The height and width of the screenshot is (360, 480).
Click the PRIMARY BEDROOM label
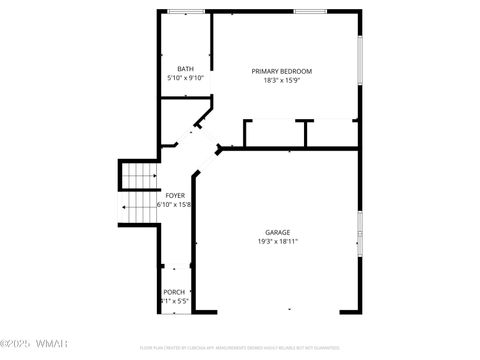(281, 71)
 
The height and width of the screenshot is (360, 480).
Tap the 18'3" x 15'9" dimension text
(281, 81)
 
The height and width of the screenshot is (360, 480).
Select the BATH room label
(185, 68)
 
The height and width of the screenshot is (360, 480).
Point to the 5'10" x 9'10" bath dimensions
(185, 78)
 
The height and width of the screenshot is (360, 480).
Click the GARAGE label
(277, 232)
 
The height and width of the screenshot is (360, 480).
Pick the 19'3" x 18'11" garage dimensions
(277, 241)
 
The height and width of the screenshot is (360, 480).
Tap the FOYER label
(175, 195)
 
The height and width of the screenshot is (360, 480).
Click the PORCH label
(174, 292)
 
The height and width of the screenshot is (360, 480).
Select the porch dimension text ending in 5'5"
(174, 301)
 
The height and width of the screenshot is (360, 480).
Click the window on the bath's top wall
(185, 12)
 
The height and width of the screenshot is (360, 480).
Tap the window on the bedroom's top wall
(310, 12)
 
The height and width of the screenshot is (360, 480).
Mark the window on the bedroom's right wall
(360, 60)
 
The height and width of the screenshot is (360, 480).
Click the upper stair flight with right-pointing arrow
(140, 176)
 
